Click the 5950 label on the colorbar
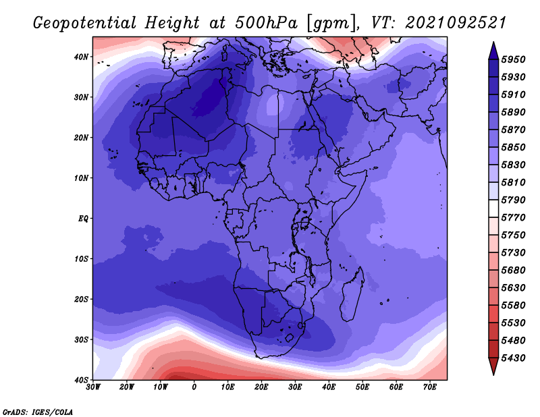513,59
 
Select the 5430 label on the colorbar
513,358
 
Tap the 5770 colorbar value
513,218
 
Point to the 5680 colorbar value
513,271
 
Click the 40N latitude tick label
81,57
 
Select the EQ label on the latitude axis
83,219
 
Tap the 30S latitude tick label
81,340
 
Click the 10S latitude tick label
81,259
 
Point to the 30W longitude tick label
93,387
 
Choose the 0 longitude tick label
194,387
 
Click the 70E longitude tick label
429,387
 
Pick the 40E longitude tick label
329,387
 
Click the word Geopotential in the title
84,23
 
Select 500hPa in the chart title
266,23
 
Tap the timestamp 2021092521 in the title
455,23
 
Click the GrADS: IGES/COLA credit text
38,412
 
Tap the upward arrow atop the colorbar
493,51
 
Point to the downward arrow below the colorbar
493,366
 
